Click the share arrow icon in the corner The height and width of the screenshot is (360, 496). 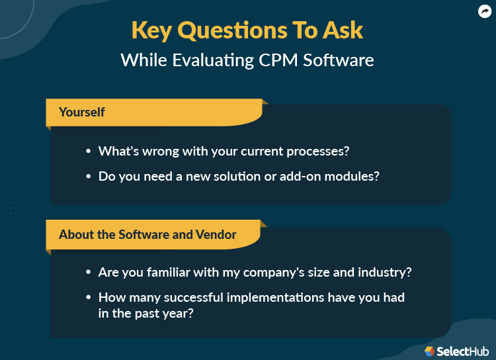[485, 11]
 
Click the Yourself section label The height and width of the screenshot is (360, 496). [81, 112]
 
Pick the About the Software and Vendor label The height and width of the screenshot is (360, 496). [147, 234]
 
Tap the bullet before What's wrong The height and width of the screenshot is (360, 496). [89, 152]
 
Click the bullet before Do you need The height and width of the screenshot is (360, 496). [89, 177]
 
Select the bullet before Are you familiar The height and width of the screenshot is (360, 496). [89, 273]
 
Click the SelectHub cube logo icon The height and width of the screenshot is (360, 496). [430, 351]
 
